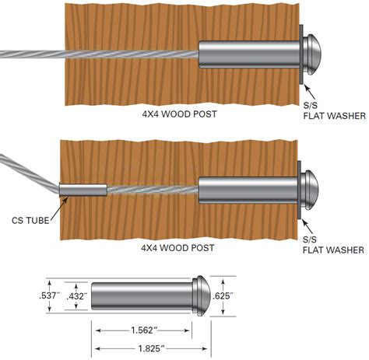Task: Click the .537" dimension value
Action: tap(47, 296)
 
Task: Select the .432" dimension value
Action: tap(76, 296)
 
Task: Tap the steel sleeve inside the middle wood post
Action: tap(248, 187)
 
